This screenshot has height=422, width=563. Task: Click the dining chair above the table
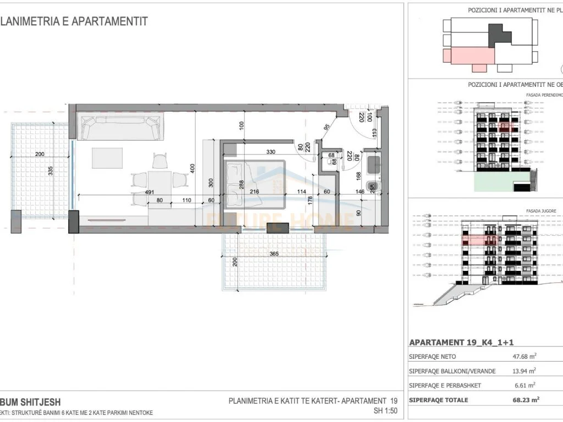[160, 161]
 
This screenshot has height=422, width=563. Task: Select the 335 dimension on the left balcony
[51, 171]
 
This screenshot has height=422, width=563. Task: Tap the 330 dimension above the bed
[271, 152]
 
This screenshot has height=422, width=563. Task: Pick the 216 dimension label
[254, 192]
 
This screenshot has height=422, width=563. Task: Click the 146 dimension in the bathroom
[361, 192]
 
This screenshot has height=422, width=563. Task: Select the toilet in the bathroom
[373, 186]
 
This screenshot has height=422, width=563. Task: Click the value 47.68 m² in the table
[523, 357]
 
